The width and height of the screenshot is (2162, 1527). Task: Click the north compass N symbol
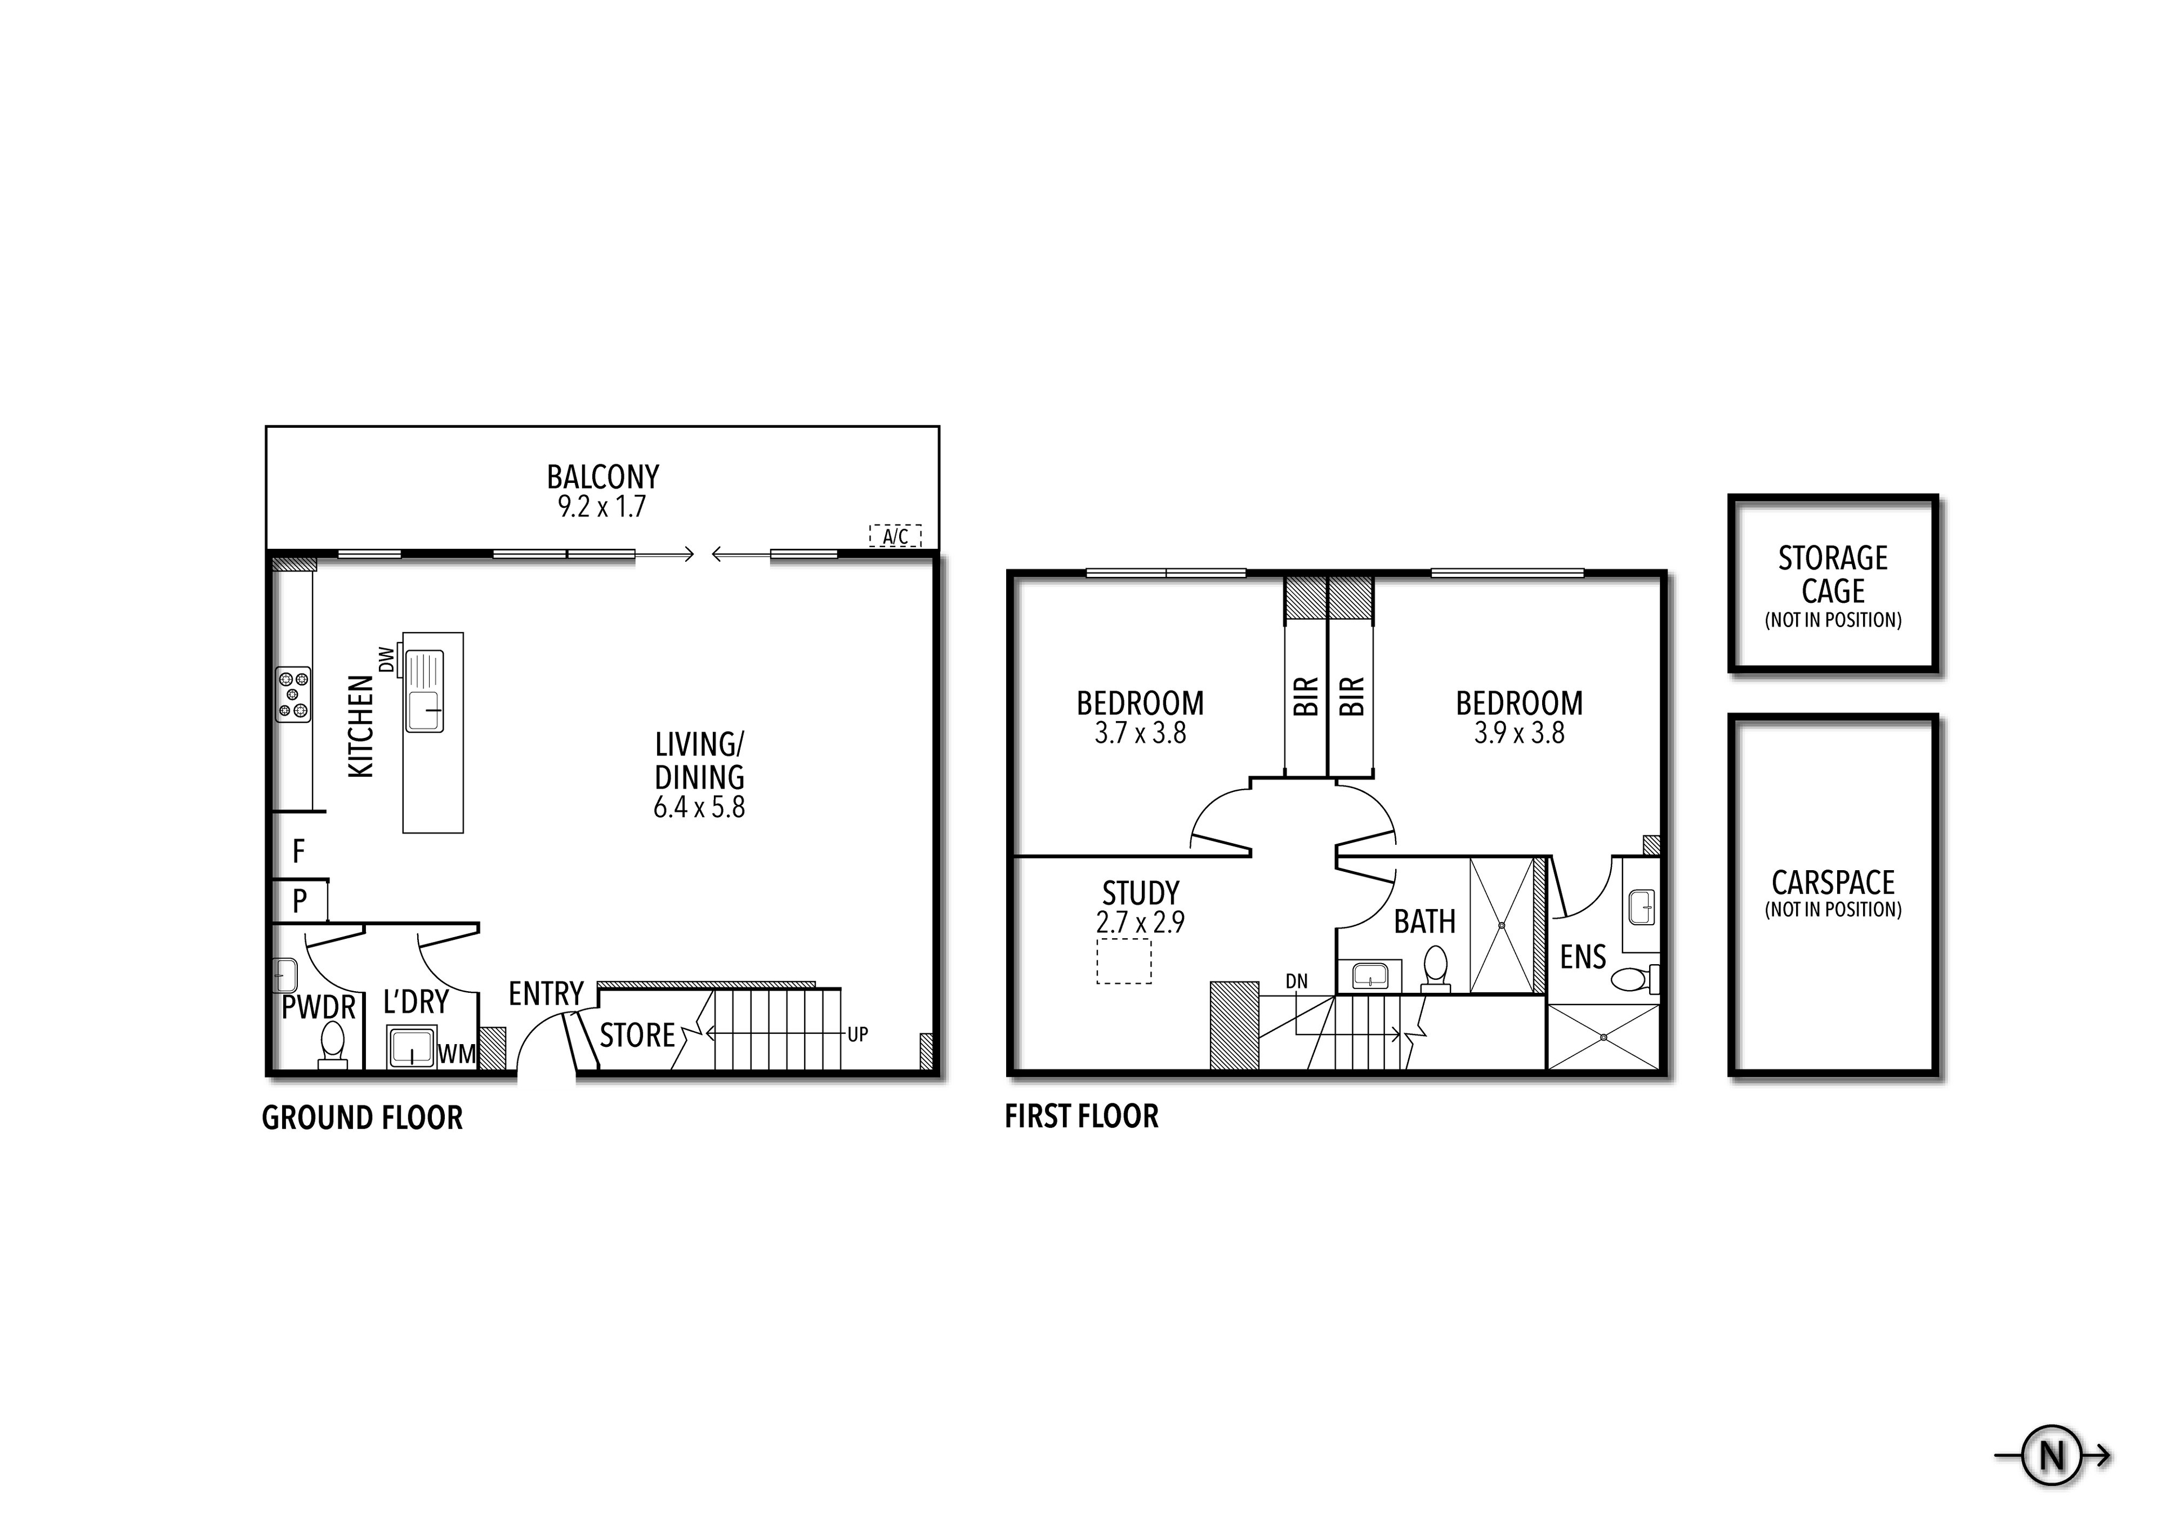2052,1457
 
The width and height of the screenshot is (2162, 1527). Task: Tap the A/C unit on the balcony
895,536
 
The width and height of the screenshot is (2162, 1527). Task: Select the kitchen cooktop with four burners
293,695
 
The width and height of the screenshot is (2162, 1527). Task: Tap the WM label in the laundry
457,1054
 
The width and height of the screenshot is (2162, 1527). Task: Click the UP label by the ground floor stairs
857,1035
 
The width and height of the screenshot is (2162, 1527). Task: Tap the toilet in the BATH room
1435,967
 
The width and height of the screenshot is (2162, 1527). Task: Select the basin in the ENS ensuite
1641,907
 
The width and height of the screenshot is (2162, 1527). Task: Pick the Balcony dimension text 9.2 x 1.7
602,507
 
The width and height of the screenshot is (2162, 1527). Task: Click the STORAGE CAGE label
1833,574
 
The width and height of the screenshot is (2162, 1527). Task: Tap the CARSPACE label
1833,882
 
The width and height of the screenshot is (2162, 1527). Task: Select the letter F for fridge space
298,851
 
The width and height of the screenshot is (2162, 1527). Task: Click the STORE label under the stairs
637,1036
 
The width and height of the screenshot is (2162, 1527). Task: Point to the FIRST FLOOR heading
1081,1117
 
